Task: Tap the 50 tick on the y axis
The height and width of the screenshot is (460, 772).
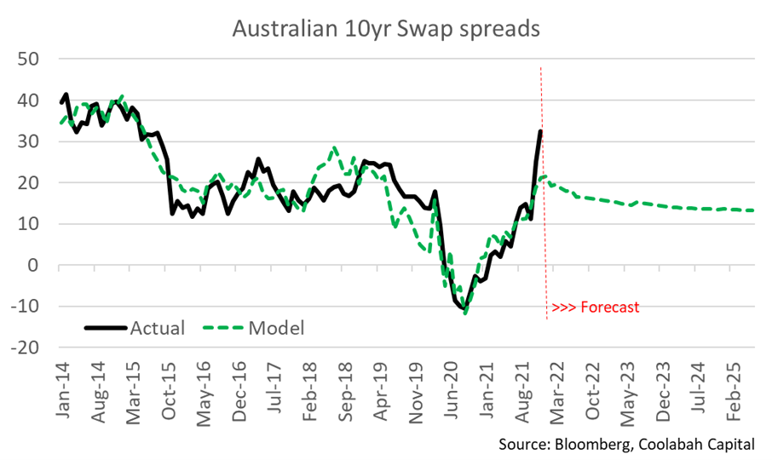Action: [32, 60]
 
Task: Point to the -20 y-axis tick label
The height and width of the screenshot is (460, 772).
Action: [26, 348]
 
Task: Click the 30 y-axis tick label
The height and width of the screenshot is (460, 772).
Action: [32, 142]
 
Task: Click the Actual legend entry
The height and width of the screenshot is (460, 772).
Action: [134, 327]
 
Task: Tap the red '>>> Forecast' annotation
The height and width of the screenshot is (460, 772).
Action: [595, 308]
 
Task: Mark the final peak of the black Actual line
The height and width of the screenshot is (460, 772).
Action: [541, 130]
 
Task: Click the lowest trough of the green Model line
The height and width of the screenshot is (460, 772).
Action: [465, 313]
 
